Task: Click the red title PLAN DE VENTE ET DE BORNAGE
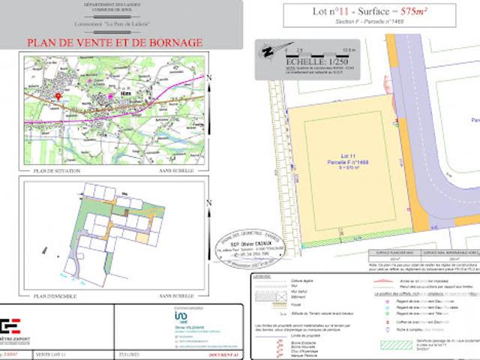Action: pyautogui.click(x=114, y=43)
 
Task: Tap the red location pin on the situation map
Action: pyautogui.click(x=59, y=97)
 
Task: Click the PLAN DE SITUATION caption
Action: pyautogui.click(x=58, y=171)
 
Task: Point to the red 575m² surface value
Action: pyautogui.click(x=414, y=11)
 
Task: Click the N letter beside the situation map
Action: pyautogui.click(x=209, y=77)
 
